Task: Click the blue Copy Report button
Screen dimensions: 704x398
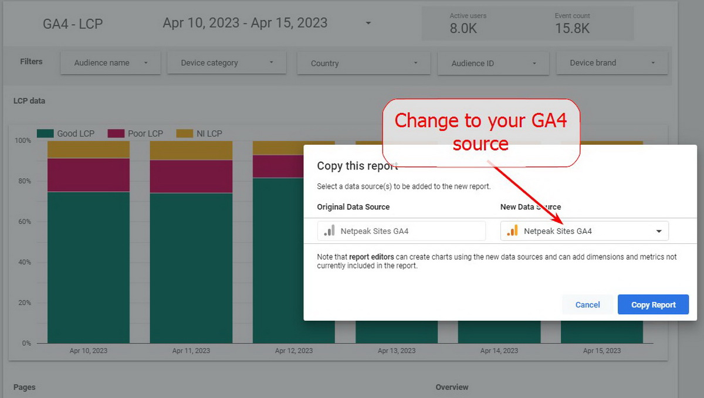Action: point(653,304)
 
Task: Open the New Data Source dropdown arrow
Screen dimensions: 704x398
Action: point(659,231)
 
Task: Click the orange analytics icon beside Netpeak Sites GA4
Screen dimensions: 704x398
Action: point(512,230)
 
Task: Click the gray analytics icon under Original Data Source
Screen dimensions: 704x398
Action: point(329,230)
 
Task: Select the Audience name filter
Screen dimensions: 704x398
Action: point(110,63)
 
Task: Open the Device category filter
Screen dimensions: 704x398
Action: point(226,63)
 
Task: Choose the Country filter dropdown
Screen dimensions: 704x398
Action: point(364,63)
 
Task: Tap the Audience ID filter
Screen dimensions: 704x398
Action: point(493,63)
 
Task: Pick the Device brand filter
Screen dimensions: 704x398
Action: point(611,63)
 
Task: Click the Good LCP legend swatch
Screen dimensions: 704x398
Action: point(45,134)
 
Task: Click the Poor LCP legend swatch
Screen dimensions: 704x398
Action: point(116,134)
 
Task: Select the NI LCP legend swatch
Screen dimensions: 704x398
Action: point(184,134)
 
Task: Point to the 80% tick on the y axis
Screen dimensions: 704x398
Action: point(25,181)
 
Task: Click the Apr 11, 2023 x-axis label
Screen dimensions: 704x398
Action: point(191,351)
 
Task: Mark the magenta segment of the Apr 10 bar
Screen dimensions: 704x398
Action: point(89,175)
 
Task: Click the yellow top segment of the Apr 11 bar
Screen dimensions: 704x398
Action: point(191,151)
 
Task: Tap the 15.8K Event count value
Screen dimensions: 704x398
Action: point(572,28)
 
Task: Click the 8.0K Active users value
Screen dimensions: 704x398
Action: point(463,28)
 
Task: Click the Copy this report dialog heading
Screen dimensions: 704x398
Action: point(357,166)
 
